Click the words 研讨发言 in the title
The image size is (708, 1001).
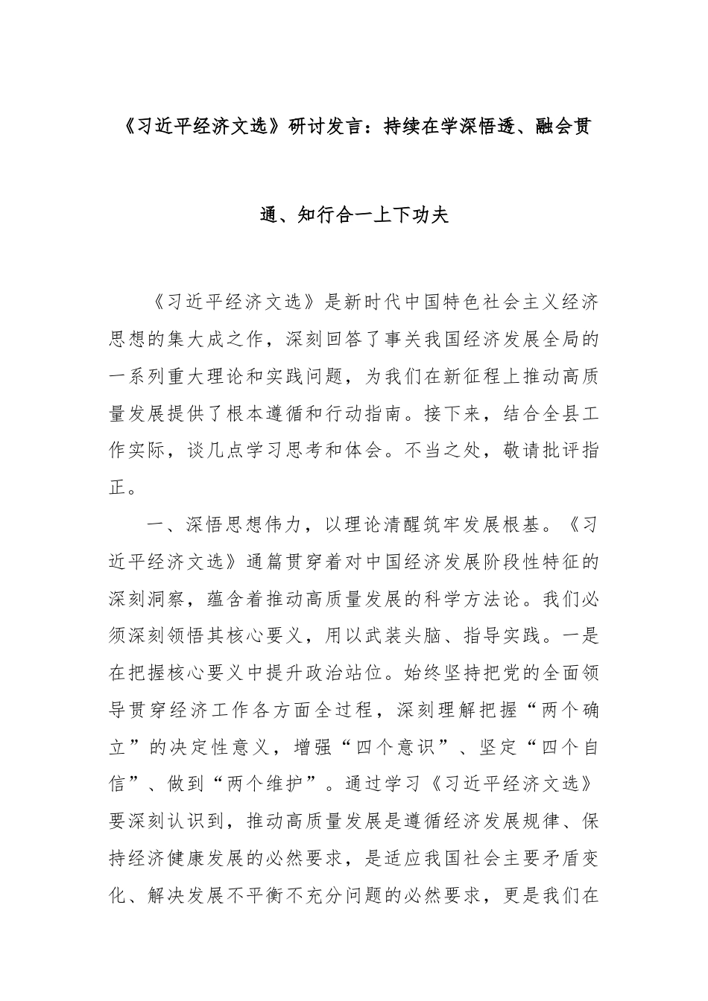329,127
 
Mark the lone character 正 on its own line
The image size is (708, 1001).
118,488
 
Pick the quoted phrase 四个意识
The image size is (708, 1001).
404,746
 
